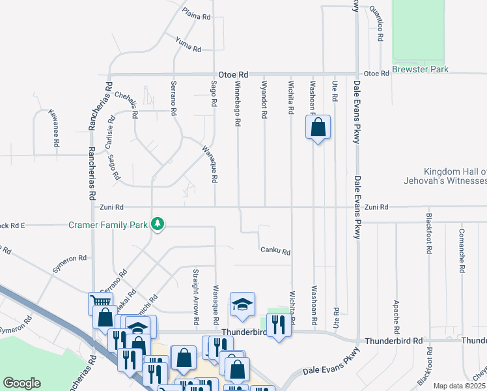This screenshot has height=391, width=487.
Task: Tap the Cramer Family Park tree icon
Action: point(157,224)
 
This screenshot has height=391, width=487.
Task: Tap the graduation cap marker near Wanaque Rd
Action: point(242,305)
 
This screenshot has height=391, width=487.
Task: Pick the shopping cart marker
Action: point(101,302)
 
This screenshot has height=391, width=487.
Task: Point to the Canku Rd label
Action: point(275,251)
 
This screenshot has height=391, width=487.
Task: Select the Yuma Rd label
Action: point(188,44)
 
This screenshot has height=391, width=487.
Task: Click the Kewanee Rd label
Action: point(56,127)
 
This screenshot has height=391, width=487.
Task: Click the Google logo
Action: point(21,383)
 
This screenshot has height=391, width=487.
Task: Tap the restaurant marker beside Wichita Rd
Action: point(279,324)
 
